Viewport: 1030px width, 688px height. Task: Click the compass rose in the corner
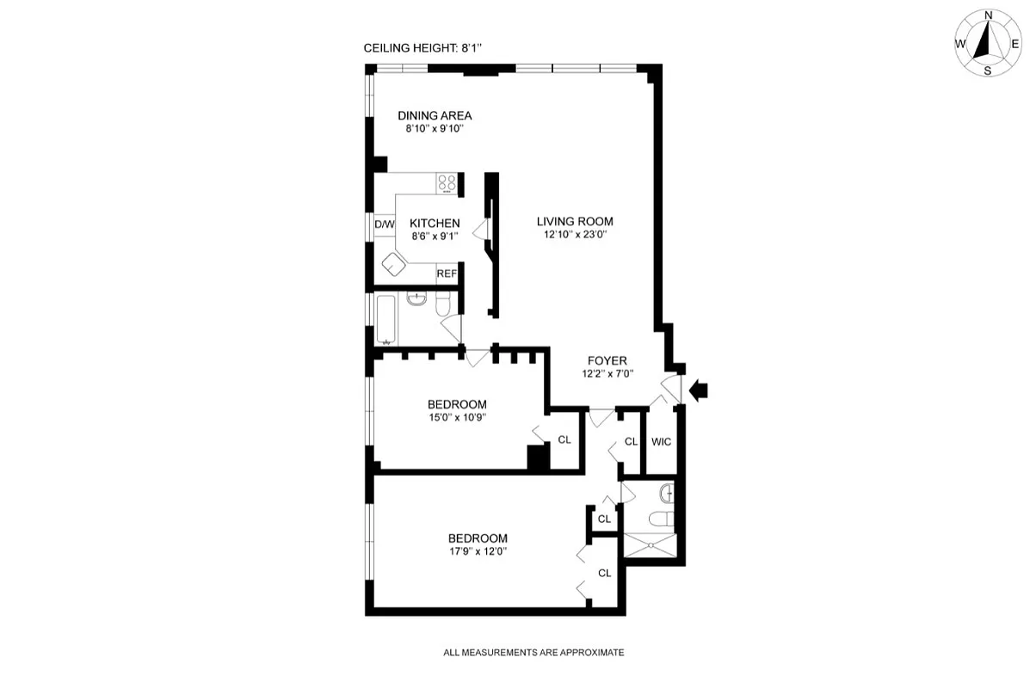point(987,43)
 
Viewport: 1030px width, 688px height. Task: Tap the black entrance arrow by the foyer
point(698,390)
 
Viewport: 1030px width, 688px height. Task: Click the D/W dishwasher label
point(384,224)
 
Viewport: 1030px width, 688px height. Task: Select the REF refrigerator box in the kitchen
point(446,273)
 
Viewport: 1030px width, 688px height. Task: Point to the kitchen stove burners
point(447,182)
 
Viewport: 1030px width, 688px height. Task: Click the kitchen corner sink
point(396,264)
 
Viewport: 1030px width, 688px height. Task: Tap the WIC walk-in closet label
point(661,442)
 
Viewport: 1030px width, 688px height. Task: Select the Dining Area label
point(434,115)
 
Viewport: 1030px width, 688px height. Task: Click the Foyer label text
point(607,360)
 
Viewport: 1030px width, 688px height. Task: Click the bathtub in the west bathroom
point(385,319)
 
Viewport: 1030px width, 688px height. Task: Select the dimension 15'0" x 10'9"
point(457,419)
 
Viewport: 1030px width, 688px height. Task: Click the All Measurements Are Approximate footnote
point(534,653)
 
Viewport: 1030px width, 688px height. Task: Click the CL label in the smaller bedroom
point(564,439)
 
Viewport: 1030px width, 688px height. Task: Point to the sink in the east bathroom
point(667,494)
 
